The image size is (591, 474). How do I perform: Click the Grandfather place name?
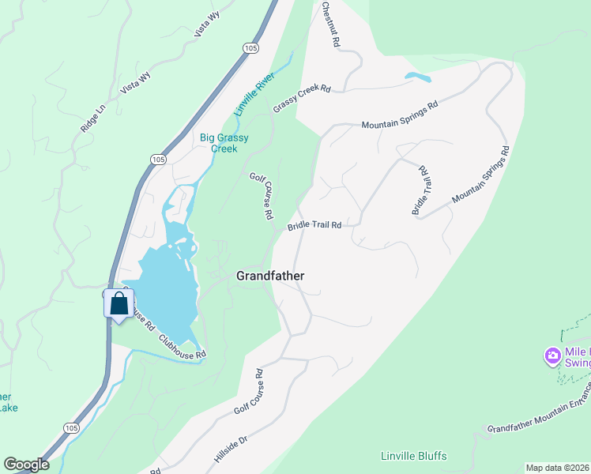click(270, 276)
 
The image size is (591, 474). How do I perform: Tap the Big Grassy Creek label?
click(224, 143)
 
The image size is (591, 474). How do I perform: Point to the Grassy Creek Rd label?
click(301, 98)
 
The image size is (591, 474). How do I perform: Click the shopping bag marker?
click(119, 303)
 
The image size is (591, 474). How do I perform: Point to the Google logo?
click(26, 465)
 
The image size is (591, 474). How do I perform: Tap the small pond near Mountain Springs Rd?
click(417, 77)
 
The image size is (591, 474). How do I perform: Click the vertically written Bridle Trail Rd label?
click(420, 190)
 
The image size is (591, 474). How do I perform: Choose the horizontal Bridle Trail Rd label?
click(314, 225)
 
